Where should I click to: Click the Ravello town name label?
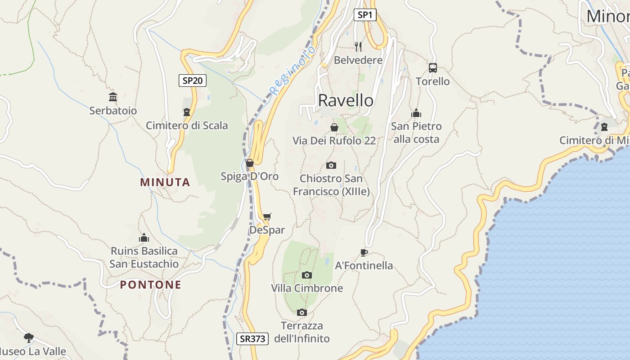click(346, 100)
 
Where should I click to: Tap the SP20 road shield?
click(192, 81)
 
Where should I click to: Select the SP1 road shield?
click(364, 15)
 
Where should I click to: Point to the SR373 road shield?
click(252, 339)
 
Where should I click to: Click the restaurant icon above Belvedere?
click(358, 46)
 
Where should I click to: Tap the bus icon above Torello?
click(432, 68)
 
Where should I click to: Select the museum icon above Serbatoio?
click(113, 97)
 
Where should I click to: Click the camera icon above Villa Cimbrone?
click(307, 275)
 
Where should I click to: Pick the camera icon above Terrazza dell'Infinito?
click(302, 312)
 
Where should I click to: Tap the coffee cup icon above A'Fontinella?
click(364, 252)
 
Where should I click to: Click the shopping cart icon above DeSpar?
click(267, 217)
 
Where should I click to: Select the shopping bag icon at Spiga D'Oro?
click(250, 163)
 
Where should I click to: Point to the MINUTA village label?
click(165, 182)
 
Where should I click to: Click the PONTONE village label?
click(151, 285)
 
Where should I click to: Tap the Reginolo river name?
click(292, 71)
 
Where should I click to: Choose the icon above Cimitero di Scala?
click(187, 112)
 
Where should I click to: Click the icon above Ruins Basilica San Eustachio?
click(144, 237)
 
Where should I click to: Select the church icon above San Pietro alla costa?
click(416, 112)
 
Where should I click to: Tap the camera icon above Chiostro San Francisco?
click(331, 165)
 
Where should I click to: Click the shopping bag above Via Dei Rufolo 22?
click(334, 127)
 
